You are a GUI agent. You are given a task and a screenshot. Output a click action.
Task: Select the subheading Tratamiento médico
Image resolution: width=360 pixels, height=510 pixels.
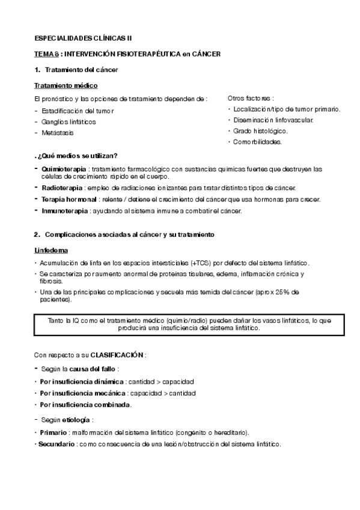coord(66,86)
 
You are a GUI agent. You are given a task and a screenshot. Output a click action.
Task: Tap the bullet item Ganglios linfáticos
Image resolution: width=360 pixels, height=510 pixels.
coord(69,121)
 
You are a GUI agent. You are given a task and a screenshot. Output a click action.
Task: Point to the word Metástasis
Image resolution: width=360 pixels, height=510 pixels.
coord(57,132)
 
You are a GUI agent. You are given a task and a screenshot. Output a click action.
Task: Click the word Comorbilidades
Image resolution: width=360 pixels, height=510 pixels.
coord(257,142)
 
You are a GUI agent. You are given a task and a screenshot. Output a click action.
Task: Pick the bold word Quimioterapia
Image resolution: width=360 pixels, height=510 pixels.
coord(64,169)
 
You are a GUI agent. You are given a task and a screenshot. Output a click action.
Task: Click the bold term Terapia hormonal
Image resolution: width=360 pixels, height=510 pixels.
coord(69,200)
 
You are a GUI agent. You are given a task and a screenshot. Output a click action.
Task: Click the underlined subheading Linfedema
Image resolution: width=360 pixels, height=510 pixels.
coord(51,250)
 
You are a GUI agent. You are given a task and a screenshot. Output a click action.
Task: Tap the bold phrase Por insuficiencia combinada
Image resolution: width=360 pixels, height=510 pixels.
coord(85,405)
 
